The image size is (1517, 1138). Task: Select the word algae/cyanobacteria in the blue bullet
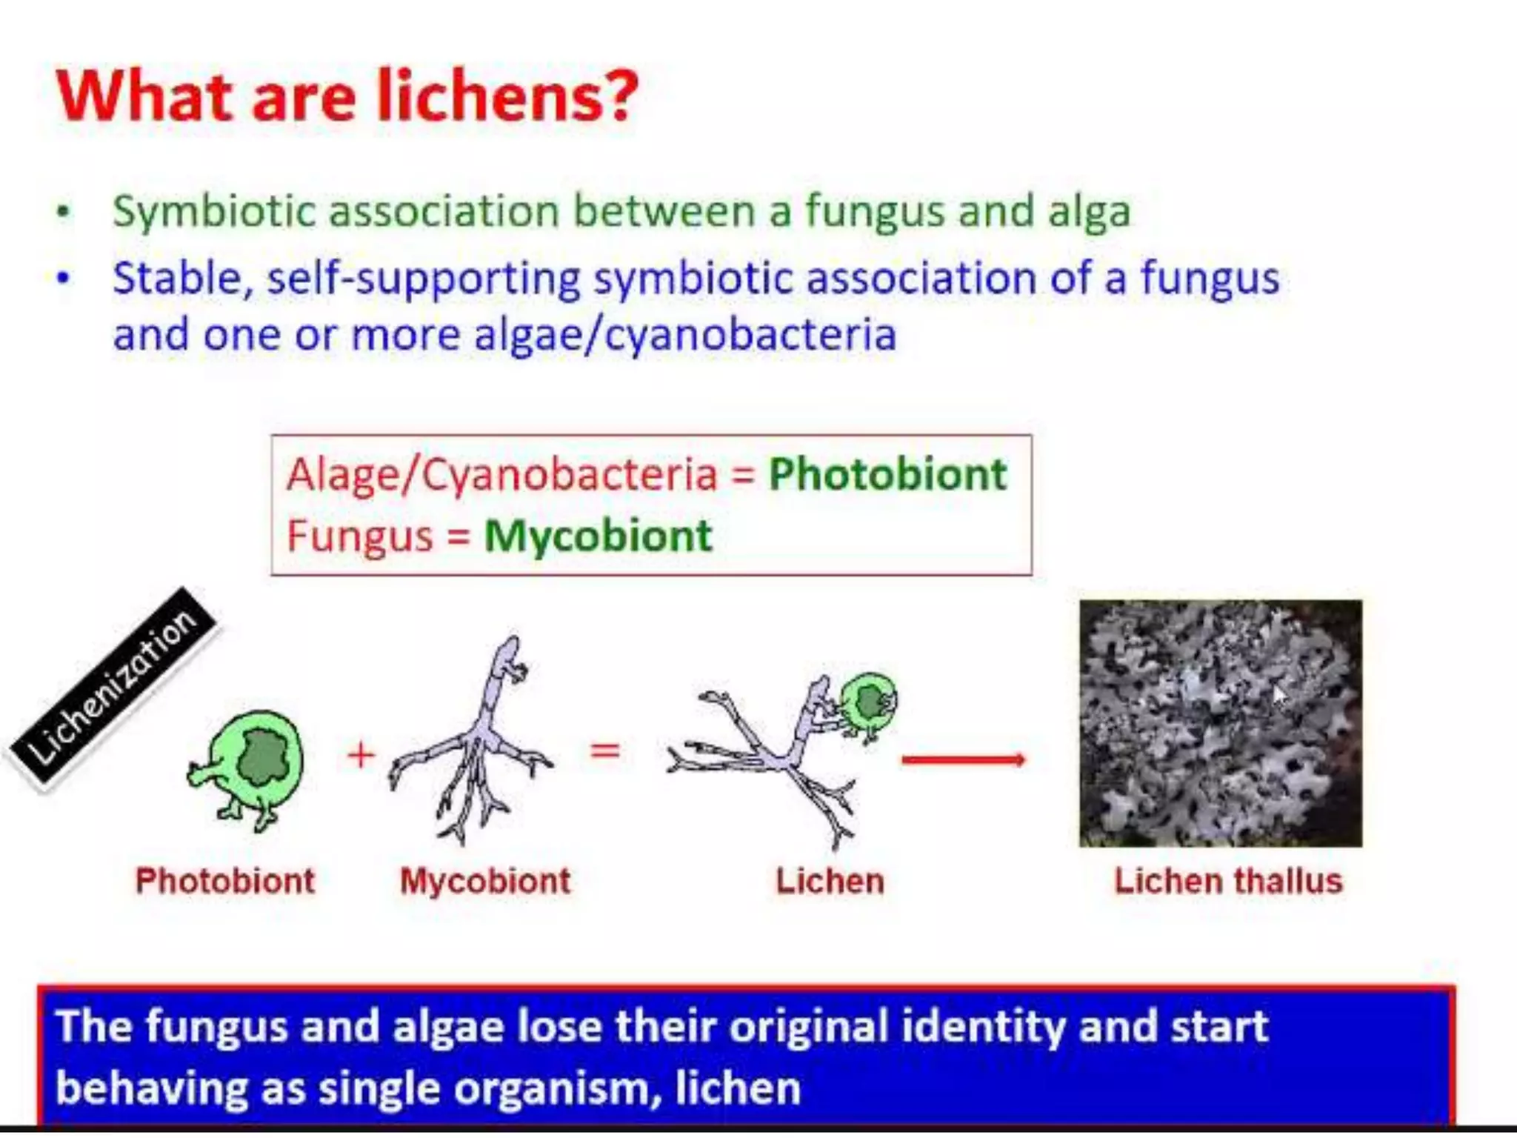tap(685, 335)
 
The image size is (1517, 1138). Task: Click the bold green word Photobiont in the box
tap(887, 474)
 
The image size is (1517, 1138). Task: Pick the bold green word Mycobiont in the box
tap(598, 536)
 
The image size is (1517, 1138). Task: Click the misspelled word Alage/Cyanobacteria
tap(501, 474)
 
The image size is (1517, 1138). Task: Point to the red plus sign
tap(361, 755)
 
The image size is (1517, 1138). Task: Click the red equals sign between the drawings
tap(604, 751)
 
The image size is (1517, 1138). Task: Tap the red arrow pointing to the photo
tap(963, 759)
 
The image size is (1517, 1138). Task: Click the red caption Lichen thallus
tap(1227, 882)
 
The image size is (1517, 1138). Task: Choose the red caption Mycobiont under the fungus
tap(485, 882)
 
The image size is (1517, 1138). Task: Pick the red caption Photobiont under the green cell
tap(225, 882)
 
